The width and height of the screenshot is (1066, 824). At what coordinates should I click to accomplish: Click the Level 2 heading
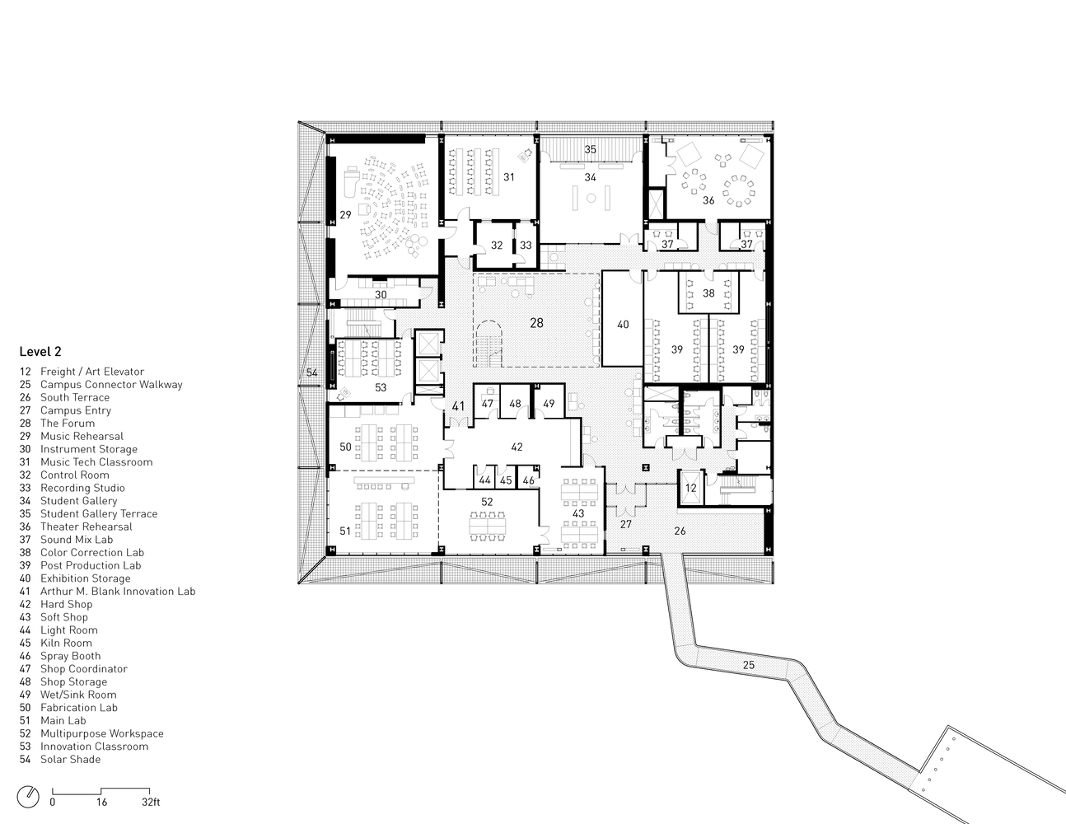coord(40,352)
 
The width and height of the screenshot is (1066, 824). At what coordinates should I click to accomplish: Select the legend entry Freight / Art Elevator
coord(82,372)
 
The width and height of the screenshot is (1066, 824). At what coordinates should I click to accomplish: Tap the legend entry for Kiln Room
coord(55,643)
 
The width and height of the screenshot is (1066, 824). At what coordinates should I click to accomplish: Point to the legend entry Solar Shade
coord(60,759)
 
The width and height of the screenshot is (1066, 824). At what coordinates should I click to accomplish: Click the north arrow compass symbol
coord(28,797)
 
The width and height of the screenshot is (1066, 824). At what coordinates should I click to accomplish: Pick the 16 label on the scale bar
coord(101,802)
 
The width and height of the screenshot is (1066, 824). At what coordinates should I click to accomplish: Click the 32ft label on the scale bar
coord(151,802)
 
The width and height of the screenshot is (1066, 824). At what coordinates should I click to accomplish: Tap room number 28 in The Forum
coord(536,323)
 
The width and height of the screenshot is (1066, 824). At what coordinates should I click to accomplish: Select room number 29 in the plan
coord(345,215)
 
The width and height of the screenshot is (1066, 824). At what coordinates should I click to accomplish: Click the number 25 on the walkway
coord(749,665)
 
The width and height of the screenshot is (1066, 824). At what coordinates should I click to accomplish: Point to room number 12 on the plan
coord(690,488)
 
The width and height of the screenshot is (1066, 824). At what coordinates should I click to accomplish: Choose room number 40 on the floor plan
coord(623,325)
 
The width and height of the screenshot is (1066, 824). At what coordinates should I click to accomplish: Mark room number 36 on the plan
coord(708,200)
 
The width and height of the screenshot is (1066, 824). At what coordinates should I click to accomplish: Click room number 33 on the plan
coord(526,246)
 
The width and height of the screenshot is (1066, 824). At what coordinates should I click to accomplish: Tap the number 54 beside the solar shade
coord(312,372)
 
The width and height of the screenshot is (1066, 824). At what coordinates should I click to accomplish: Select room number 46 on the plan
coord(528,480)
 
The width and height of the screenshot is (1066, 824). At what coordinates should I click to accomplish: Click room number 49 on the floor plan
coord(549,404)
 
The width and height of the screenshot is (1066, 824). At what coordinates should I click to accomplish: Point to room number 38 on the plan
coord(708,293)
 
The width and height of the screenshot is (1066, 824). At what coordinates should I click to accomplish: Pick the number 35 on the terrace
coord(590,149)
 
